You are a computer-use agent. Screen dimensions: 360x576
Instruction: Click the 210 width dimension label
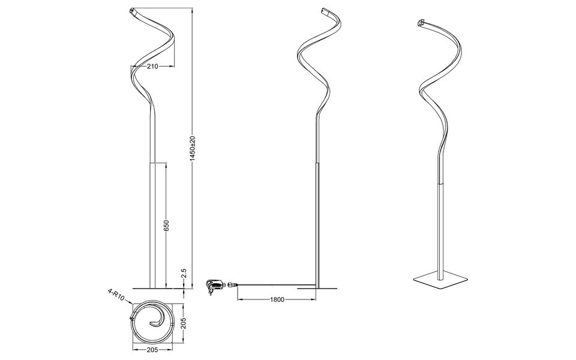(152, 67)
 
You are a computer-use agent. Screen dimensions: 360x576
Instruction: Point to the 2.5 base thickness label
(185, 273)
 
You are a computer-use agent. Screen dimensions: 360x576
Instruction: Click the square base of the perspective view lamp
(440, 280)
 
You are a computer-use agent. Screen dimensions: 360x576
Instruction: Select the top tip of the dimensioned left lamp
(132, 11)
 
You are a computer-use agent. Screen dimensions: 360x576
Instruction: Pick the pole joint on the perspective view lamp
(441, 182)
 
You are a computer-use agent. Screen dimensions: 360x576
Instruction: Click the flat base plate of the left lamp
(154, 287)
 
